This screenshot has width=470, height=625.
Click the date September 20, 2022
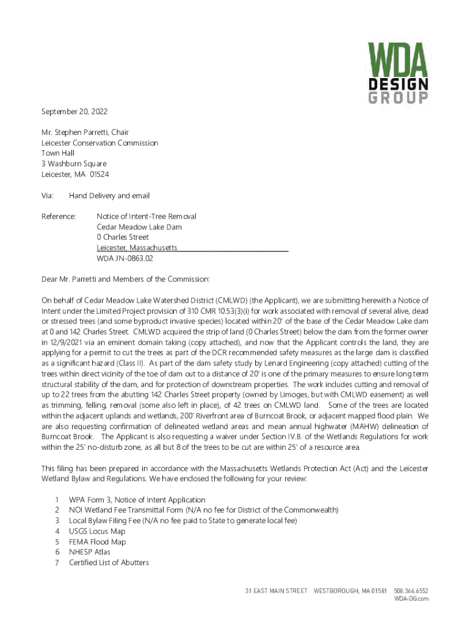coord(70,112)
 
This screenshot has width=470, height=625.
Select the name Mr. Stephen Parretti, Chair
coord(85,132)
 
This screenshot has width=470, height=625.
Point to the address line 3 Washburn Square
coord(74,164)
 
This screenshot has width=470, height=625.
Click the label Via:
coord(48,196)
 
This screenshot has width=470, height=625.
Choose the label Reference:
coord(59,217)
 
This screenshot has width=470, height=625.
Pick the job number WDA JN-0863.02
coord(125,258)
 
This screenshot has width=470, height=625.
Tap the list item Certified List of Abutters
coord(109,562)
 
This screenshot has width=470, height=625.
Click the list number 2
coord(56,510)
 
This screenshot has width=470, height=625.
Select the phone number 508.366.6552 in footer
coord(411,591)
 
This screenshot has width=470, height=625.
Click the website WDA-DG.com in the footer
coord(411,599)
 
